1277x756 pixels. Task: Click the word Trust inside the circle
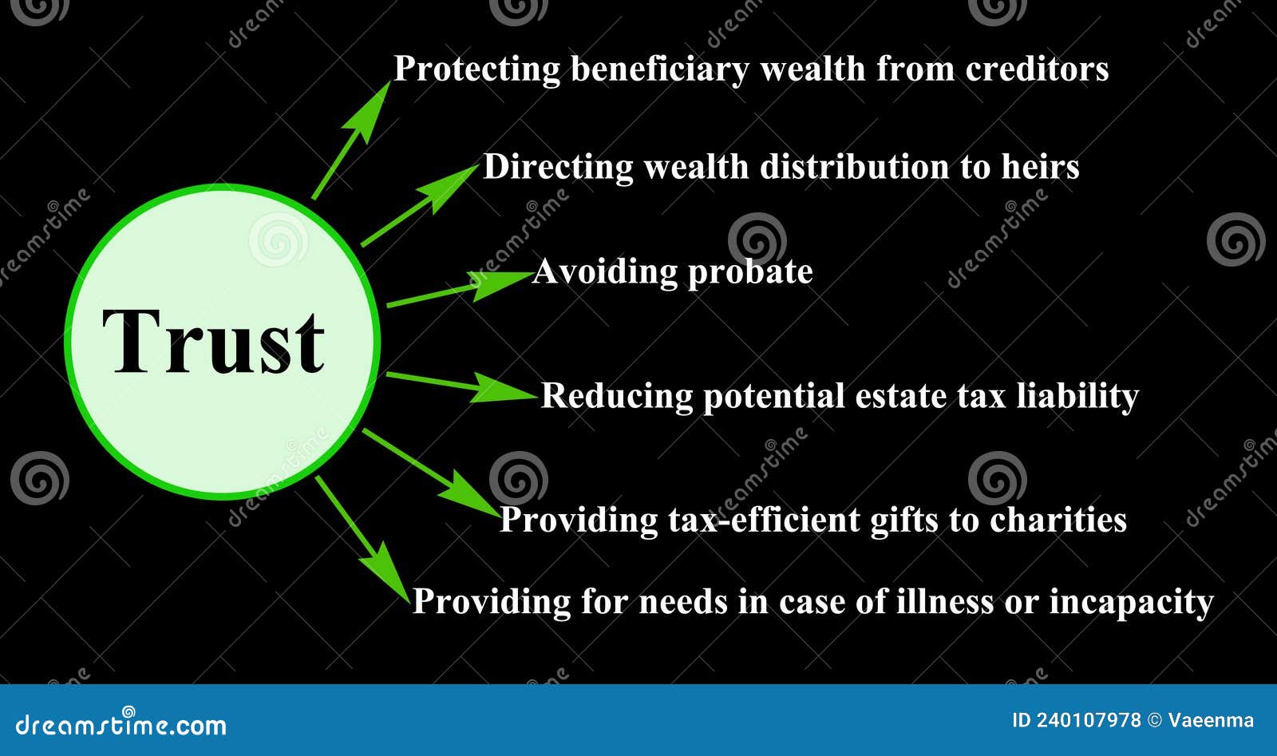click(x=214, y=342)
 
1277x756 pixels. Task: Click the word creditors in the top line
click(x=1037, y=69)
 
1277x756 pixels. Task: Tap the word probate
click(x=749, y=273)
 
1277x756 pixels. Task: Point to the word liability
click(x=1077, y=396)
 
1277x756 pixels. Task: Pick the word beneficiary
click(x=659, y=69)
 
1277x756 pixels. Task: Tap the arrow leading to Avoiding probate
click(x=458, y=288)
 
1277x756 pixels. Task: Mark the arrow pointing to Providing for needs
click(x=363, y=539)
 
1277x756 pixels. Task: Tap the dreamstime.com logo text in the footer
click(x=121, y=725)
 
